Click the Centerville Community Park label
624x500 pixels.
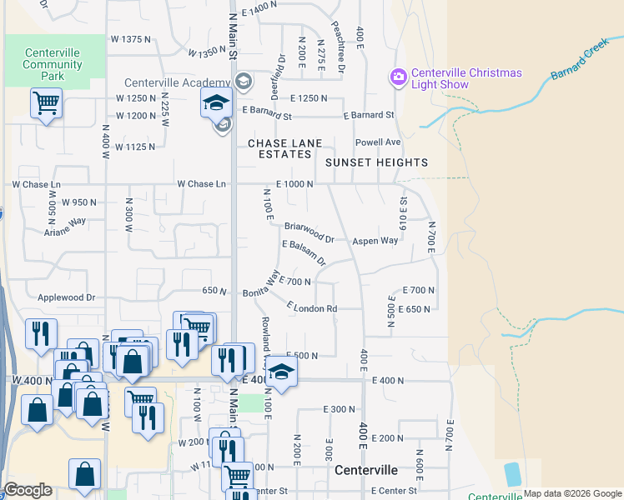coord(52,64)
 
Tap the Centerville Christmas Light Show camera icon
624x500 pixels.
coord(398,77)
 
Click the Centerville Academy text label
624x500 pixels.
coord(177,82)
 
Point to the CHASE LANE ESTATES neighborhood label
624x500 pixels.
coord(284,148)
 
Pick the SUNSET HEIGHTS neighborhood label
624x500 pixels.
coord(376,162)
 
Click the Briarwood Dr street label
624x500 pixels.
coord(309,232)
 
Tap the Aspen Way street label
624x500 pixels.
coord(375,240)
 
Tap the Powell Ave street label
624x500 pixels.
coord(378,142)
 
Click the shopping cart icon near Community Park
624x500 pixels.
coord(46,104)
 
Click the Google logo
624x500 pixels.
coord(28,489)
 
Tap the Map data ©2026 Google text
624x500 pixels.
coord(572,493)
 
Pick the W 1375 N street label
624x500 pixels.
coord(131,39)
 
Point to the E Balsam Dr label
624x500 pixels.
coord(304,252)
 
